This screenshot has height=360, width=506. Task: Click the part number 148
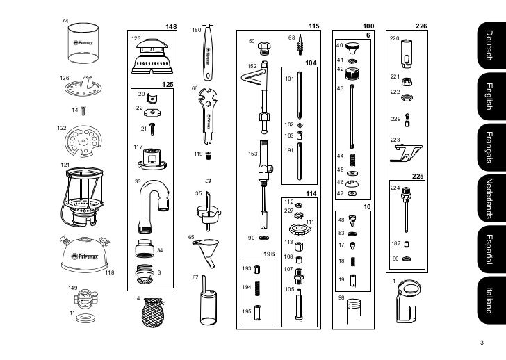pyautogui.click(x=171, y=27)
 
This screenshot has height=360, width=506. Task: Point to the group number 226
pyautogui.click(x=421, y=26)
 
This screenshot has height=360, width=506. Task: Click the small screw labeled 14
pyautogui.click(x=83, y=108)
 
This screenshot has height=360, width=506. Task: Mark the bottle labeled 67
pyautogui.click(x=206, y=302)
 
